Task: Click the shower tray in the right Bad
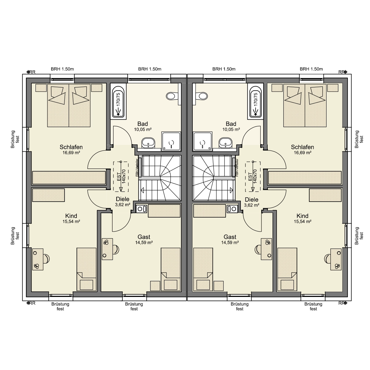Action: point(203,141)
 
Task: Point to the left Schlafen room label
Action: point(71,147)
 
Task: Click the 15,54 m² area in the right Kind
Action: point(302,221)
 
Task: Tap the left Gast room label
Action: point(144,237)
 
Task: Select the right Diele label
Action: point(252,199)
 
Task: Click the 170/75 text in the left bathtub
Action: point(118,100)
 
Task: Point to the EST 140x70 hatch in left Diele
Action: point(121,176)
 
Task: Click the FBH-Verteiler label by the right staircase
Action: point(237,167)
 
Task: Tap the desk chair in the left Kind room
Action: point(46,259)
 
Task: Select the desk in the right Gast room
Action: point(266,249)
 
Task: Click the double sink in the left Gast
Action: point(142,208)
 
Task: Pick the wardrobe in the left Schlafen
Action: point(69,178)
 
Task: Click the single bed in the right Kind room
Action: point(287,269)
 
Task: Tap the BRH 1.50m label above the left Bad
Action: point(150,69)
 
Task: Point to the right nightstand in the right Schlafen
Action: point(333,88)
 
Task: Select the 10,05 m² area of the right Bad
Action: point(231,129)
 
